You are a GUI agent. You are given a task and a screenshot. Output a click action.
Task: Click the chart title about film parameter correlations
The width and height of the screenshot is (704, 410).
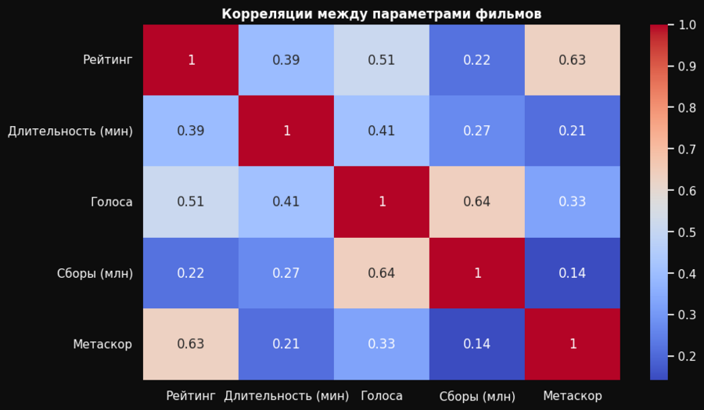(x=381, y=14)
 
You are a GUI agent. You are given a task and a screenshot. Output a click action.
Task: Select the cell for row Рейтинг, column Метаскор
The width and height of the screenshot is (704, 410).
(x=573, y=60)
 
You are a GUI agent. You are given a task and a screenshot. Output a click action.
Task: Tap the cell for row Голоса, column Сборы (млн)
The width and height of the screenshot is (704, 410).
(x=477, y=202)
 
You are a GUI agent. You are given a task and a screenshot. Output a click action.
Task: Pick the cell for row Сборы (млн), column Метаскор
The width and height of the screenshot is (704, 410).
(x=573, y=273)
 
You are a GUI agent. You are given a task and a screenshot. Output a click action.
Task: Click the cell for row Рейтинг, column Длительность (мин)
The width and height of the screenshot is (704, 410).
(x=286, y=60)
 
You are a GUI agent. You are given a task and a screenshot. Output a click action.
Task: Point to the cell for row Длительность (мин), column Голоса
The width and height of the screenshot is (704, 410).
(x=382, y=131)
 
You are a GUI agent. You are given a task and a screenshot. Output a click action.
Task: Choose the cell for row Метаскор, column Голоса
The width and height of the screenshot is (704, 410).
(x=382, y=343)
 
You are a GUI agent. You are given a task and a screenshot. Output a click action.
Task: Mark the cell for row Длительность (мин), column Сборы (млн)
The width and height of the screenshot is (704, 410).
(x=477, y=131)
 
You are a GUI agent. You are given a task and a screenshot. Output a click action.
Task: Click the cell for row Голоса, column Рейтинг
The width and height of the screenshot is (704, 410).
(x=191, y=202)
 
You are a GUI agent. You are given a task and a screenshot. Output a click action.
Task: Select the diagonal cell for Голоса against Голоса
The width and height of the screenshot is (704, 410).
(x=382, y=202)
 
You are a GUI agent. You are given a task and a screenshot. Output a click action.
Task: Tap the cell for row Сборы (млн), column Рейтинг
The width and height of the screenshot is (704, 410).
(x=191, y=273)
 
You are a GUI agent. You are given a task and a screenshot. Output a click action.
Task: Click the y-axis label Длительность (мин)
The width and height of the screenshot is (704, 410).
(x=70, y=131)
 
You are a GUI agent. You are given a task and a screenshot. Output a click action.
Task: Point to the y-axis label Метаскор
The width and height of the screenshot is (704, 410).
(x=102, y=343)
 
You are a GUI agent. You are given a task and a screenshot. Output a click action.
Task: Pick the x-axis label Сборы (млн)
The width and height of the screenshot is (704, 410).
(x=477, y=396)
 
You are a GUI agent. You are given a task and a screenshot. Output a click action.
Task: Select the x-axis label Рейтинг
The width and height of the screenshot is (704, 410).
(x=191, y=396)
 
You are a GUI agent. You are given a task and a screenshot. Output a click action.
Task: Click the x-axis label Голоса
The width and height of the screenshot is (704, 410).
(x=382, y=396)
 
